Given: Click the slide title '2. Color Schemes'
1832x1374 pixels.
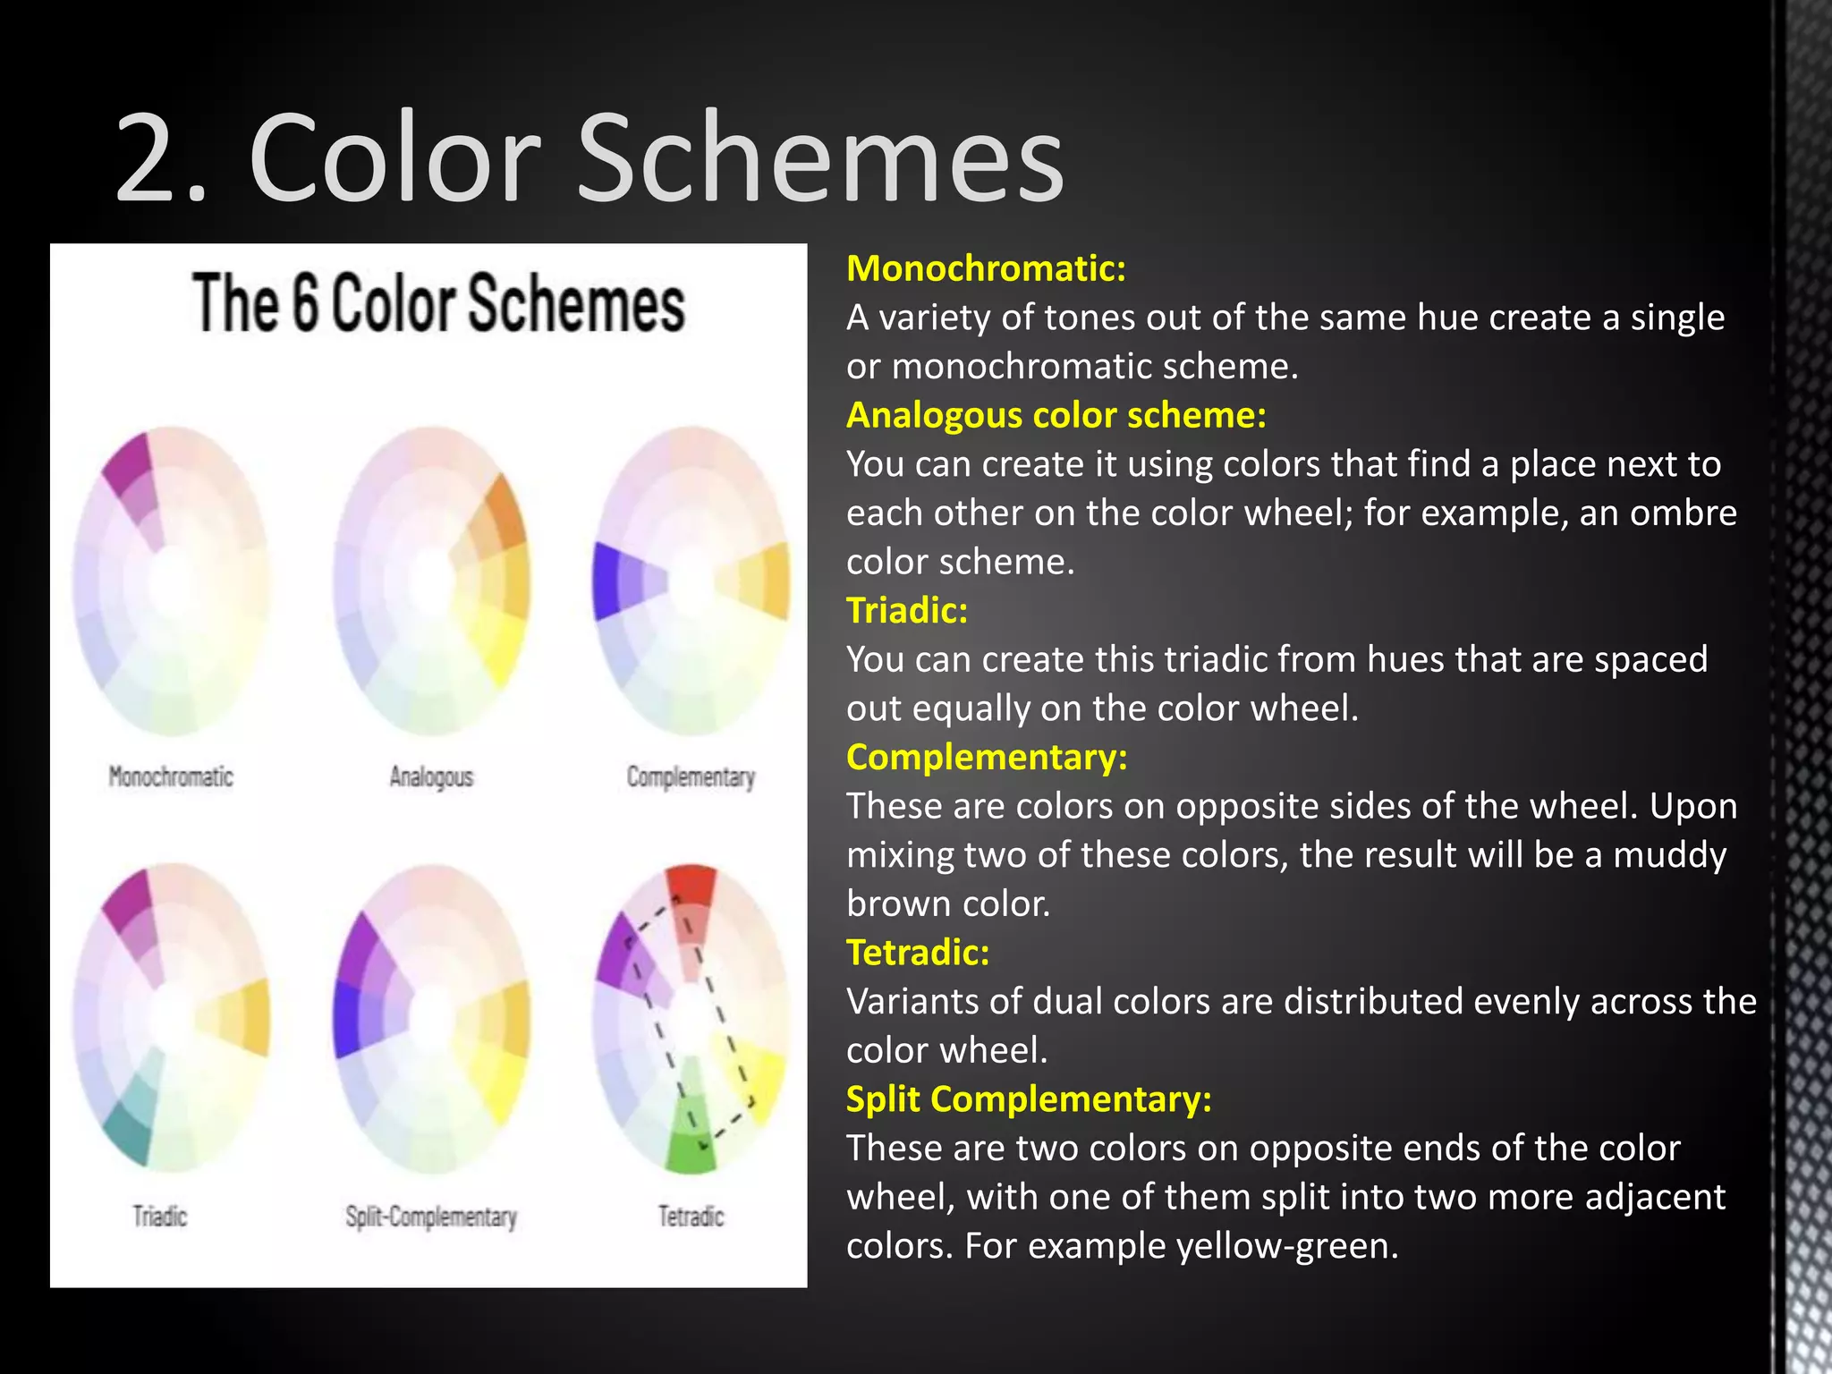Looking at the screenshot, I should tap(590, 159).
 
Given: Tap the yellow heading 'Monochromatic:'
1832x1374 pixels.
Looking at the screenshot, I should tap(986, 268).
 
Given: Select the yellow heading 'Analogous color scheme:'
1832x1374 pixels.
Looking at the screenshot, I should tap(1056, 415).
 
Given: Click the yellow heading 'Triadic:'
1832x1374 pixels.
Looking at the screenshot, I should tap(907, 610).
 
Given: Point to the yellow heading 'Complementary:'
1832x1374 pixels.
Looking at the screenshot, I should tap(987, 757).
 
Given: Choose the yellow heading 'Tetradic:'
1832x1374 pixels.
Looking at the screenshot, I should tap(918, 952).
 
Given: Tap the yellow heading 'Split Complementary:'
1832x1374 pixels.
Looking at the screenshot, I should tap(1029, 1098).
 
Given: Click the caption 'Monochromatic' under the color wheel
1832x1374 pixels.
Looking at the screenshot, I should tap(171, 776).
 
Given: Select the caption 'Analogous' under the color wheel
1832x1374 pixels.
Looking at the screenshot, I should tap(431, 776).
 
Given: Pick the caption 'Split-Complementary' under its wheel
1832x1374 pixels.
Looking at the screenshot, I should tap(431, 1217).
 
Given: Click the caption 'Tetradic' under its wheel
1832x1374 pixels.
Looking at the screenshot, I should tap(691, 1217).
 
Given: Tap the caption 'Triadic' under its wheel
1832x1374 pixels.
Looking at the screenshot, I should tap(160, 1217).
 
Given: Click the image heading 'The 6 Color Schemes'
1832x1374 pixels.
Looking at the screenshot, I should tap(438, 304).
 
